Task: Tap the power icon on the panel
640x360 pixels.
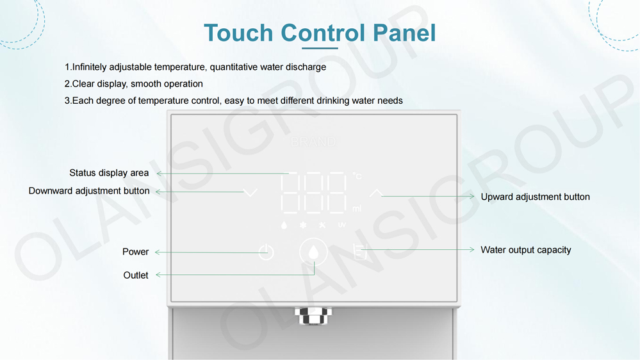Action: [266, 252]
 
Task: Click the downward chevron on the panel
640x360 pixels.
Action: [250, 192]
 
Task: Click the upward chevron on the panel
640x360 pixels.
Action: [376, 192]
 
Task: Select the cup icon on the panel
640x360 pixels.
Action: [360, 252]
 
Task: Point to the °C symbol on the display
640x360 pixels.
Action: [357, 176]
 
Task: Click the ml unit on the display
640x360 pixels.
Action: [357, 209]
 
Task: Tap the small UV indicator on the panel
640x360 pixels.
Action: [342, 225]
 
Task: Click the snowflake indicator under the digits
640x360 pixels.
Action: [303, 225]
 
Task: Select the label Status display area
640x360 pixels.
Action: [109, 173]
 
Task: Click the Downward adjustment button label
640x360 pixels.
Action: [89, 191]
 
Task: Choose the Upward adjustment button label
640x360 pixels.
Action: [535, 197]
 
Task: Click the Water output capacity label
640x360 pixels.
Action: [525, 250]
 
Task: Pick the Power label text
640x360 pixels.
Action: [135, 252]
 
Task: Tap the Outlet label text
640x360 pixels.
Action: [135, 275]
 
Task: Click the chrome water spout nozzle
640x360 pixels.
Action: [313, 316]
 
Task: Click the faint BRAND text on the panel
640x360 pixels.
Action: [313, 142]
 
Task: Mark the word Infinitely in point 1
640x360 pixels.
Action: [94, 67]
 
